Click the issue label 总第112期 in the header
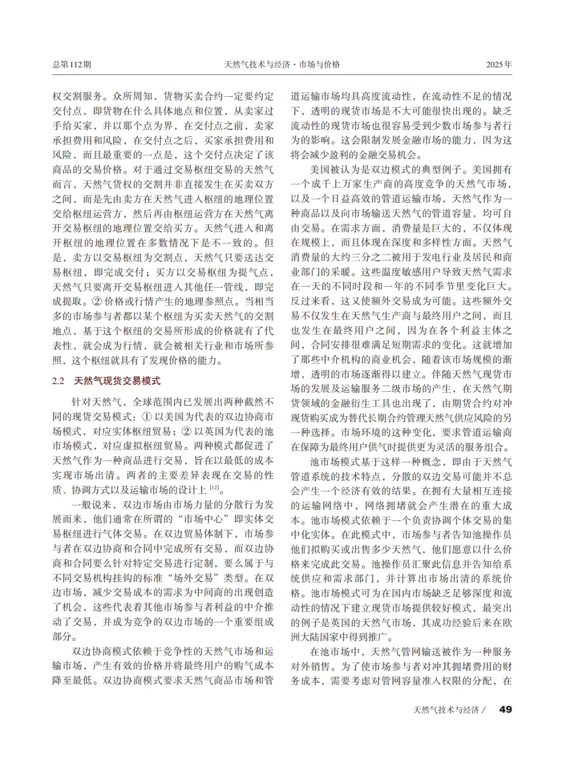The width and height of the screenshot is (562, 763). (x=72, y=65)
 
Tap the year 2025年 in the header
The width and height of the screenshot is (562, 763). (x=499, y=65)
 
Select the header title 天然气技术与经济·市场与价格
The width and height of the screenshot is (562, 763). (x=282, y=65)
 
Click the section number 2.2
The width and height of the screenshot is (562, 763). (x=58, y=380)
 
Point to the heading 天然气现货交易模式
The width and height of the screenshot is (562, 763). (x=117, y=380)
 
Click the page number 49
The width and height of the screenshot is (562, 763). (x=505, y=709)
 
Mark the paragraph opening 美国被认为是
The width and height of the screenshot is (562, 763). (x=341, y=170)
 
